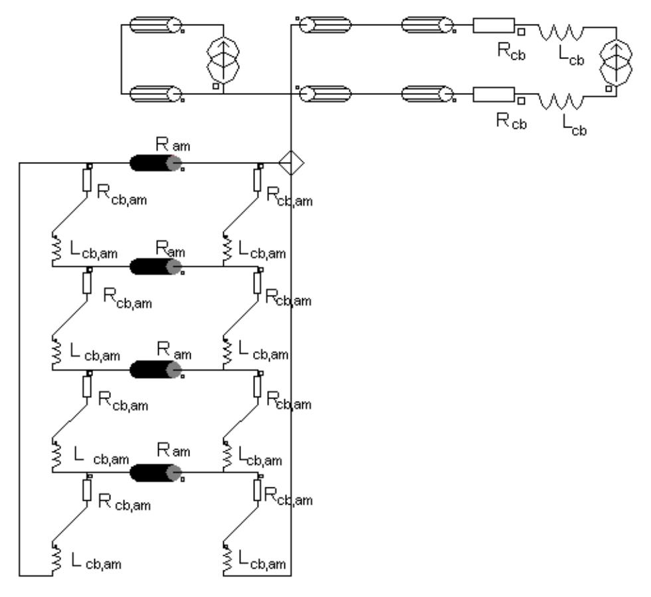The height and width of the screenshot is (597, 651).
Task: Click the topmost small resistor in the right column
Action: (x=258, y=179)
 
